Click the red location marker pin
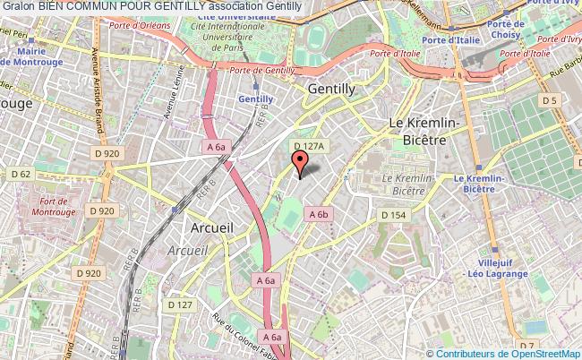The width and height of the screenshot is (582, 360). coord(300,161)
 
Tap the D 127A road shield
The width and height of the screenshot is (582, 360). coord(308,146)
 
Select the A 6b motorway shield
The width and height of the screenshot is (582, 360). coord(320,214)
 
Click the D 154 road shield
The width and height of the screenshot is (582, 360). coord(393,215)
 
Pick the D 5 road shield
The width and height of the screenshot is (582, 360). coord(549,100)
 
